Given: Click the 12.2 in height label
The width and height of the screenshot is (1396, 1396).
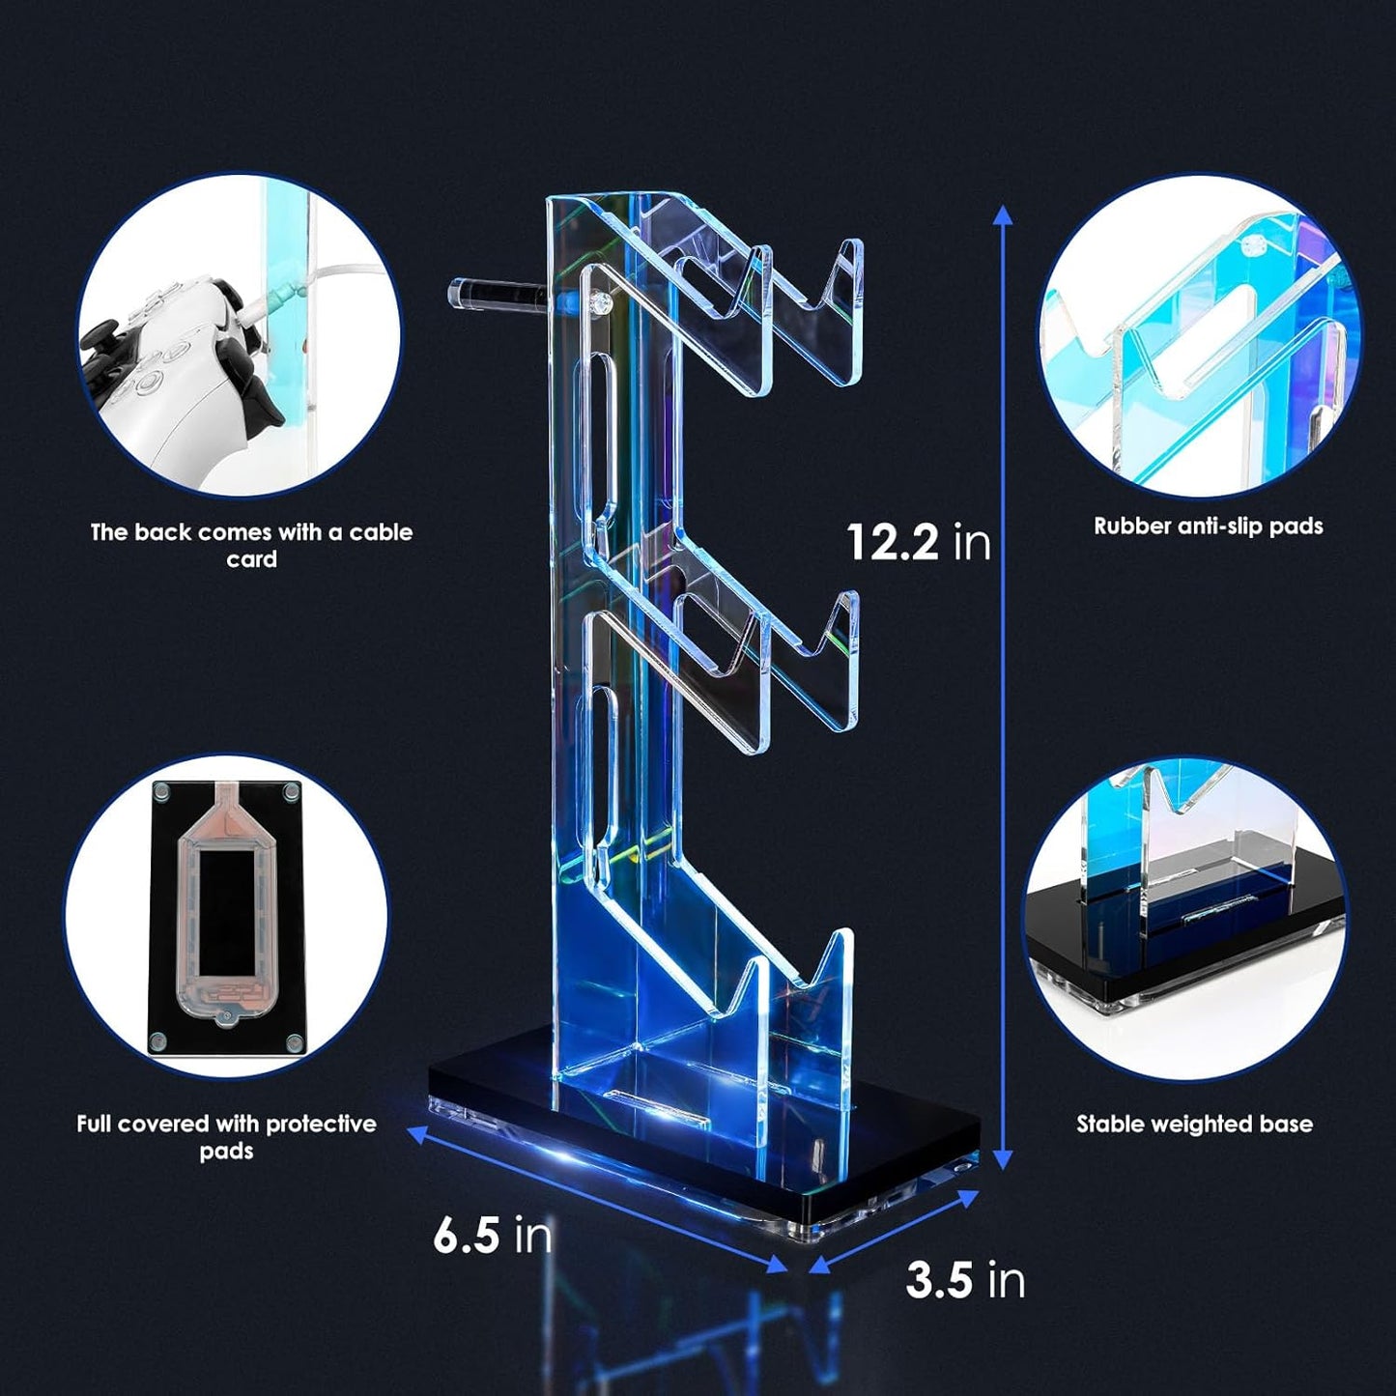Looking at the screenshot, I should (918, 542).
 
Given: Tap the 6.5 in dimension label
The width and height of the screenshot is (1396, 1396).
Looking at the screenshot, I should (492, 1236).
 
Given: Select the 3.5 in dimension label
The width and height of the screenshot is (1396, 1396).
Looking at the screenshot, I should (964, 1280).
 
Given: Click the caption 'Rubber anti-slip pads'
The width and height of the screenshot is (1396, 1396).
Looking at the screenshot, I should (1208, 527).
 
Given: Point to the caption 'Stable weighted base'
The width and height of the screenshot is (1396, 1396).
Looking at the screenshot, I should (1194, 1124).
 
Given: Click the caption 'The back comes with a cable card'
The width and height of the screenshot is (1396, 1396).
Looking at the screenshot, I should (251, 545).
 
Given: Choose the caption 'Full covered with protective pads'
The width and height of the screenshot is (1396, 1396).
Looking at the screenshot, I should (226, 1137).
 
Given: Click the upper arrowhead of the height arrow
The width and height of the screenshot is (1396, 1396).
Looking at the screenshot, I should (1004, 214).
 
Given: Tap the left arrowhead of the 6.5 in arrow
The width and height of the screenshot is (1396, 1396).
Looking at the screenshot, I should (413, 1132).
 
